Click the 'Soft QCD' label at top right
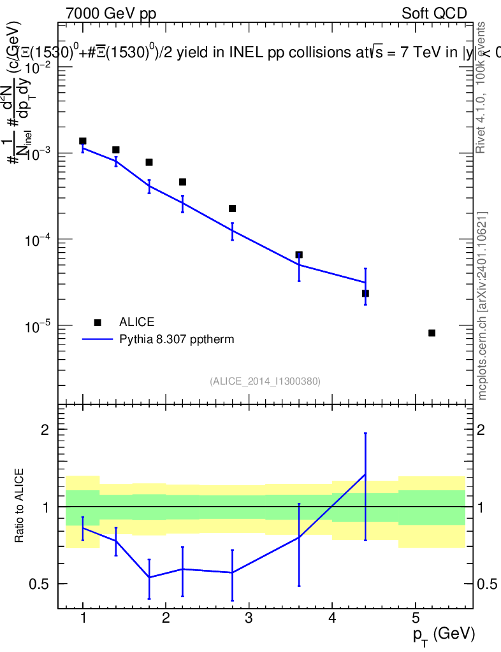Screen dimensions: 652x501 click(434, 13)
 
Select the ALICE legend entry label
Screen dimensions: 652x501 click(136, 322)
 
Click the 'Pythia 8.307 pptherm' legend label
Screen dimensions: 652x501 click(177, 339)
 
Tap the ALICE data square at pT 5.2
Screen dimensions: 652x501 click(432, 333)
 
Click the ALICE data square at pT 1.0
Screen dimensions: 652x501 click(83, 141)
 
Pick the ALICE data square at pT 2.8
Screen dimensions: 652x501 click(232, 209)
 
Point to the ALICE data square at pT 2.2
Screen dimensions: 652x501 click(182, 182)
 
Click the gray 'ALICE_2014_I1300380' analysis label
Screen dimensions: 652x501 click(265, 381)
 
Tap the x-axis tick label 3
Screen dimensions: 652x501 click(249, 618)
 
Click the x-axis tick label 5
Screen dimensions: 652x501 click(414, 618)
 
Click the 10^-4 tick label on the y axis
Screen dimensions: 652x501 click(38, 239)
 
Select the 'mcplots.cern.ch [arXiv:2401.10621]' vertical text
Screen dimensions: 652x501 click(483, 306)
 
